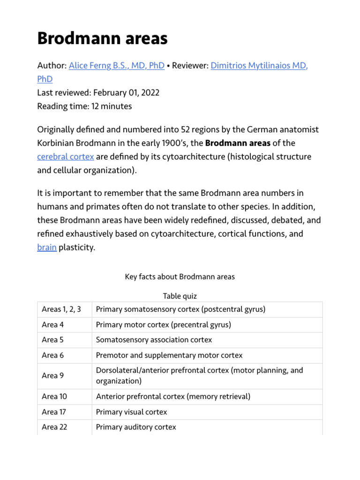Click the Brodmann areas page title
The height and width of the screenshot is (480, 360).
[x=102, y=38]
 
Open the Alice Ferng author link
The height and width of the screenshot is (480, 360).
[x=116, y=66]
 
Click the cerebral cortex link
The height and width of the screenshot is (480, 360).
[x=65, y=157]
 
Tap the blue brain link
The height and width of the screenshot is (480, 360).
[x=47, y=247]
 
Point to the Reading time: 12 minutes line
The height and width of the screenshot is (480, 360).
[x=84, y=106]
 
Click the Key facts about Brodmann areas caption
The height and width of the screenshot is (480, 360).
[x=180, y=277]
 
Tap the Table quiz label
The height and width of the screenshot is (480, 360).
[x=180, y=296]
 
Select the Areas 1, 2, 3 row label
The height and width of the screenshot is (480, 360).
[x=61, y=309]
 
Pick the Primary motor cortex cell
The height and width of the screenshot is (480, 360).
[x=163, y=324]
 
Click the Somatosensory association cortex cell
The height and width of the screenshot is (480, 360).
[x=154, y=340]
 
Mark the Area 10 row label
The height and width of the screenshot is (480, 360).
[x=54, y=397]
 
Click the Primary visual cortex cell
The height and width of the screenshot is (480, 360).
[x=131, y=412]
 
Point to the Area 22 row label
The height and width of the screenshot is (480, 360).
[x=54, y=427]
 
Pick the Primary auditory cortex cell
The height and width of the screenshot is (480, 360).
[x=136, y=427]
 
